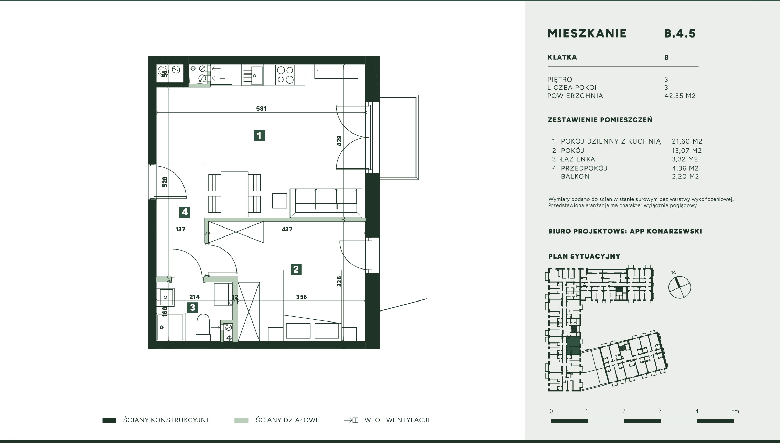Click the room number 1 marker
[x=260, y=136]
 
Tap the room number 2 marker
[x=296, y=269]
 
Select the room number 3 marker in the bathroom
[x=193, y=307]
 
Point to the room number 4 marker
[x=185, y=212]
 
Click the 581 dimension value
[x=261, y=109]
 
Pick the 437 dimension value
[x=287, y=229]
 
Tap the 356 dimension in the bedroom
[x=301, y=297]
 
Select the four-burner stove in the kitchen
[x=285, y=75]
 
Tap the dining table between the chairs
[x=234, y=194]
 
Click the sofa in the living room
[x=326, y=203]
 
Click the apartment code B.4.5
[x=680, y=33]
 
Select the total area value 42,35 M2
[x=680, y=96]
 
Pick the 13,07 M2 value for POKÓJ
[x=687, y=151]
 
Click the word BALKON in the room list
[x=575, y=177]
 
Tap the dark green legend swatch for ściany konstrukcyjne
[x=109, y=420]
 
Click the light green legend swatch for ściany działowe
[x=241, y=420]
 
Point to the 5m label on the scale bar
[x=735, y=411]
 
